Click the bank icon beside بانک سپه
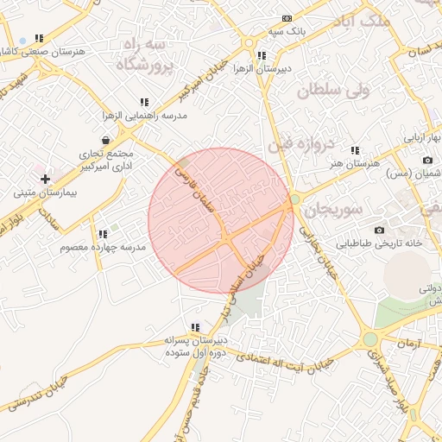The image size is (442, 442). coord(287,18)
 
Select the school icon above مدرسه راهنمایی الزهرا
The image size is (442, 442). coord(144,102)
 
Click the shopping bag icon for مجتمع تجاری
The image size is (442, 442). coord(105,140)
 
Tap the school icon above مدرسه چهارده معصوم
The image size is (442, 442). coord(103,233)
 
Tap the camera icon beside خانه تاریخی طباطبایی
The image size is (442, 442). coord(379,230)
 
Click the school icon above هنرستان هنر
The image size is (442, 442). coord(355,150)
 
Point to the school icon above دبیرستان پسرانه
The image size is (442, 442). coord(196,327)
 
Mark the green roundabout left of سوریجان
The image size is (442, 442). coord(295,199)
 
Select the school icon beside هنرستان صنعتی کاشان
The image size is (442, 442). coord(38,39)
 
